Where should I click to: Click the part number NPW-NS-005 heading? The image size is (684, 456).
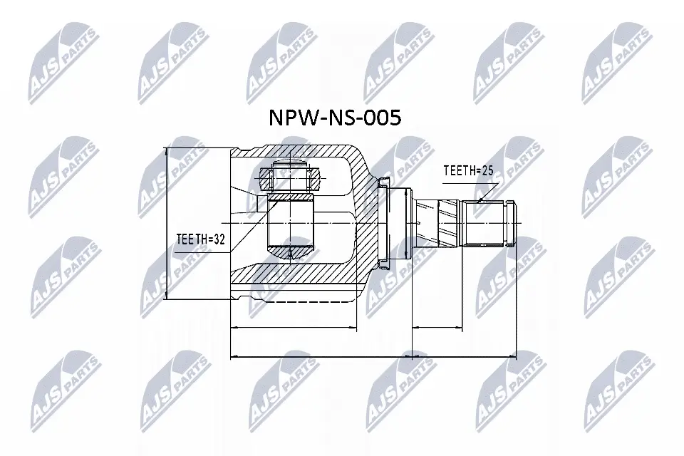point(334,118)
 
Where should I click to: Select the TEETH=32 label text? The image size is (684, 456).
point(200,240)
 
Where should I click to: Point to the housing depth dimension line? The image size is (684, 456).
point(293,328)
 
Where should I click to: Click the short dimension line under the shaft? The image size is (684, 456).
point(437,328)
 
